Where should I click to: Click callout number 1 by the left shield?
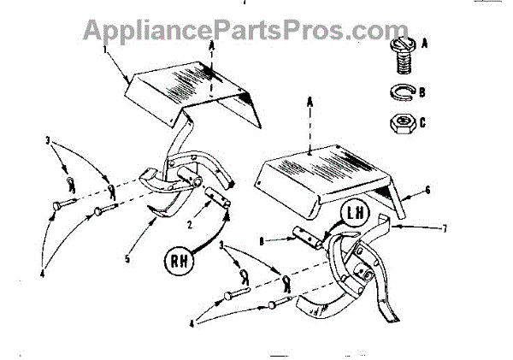[106, 50]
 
